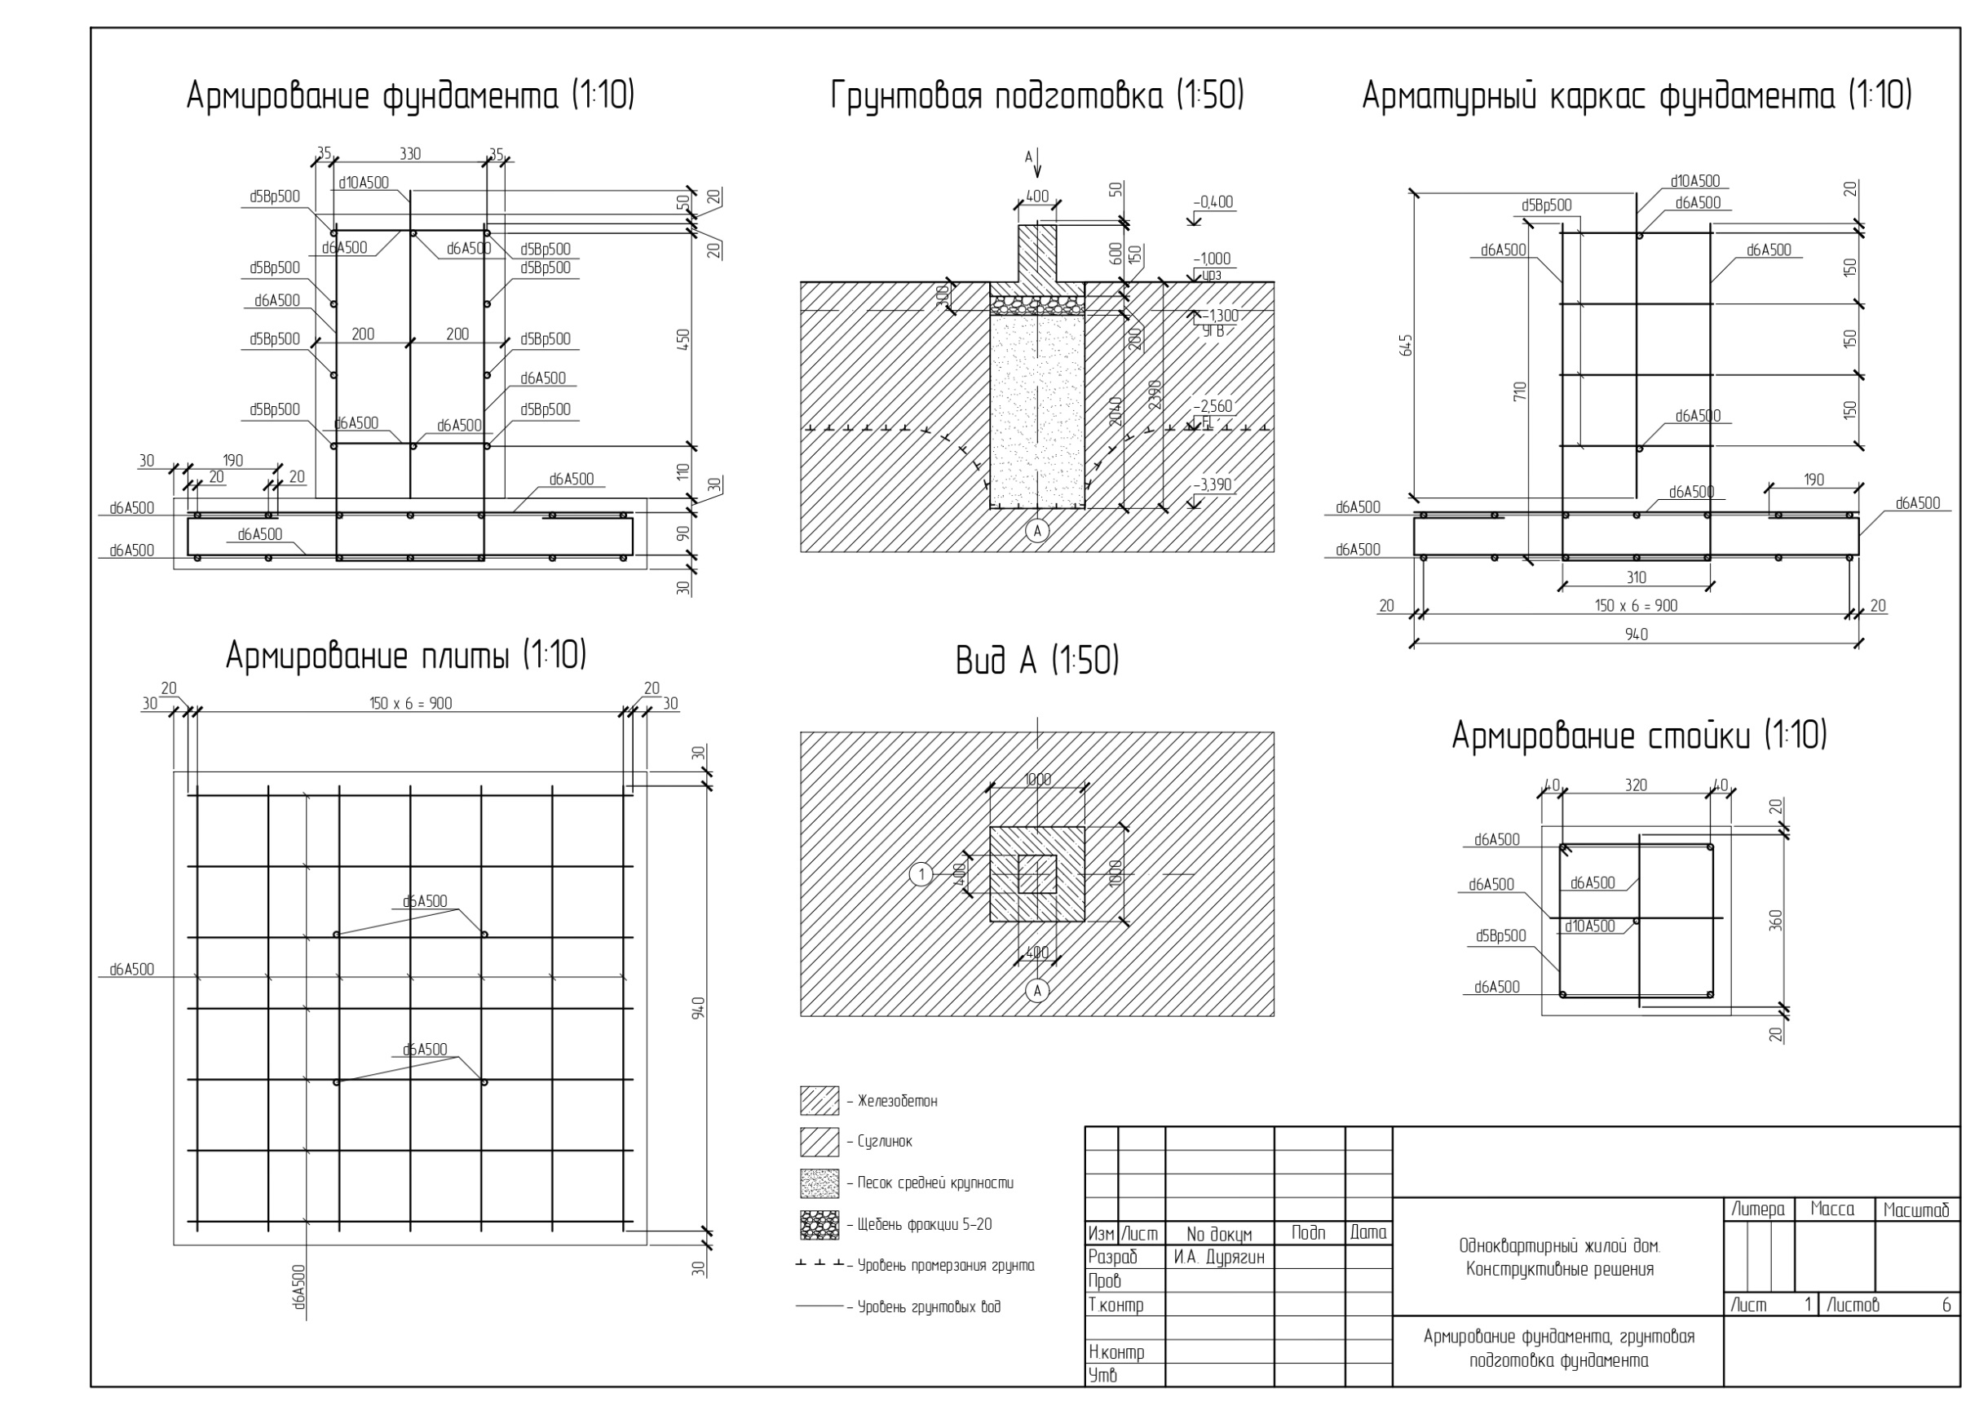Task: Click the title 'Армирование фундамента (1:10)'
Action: tap(410, 95)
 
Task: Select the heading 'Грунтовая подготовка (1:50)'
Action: tap(1036, 95)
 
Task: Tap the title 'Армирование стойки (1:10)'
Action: tap(1639, 736)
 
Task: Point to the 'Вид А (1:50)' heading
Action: tap(1036, 661)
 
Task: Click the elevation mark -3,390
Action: tap(1212, 484)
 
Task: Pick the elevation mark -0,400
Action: tap(1213, 202)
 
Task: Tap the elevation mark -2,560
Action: tap(1213, 406)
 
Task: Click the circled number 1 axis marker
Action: tap(921, 874)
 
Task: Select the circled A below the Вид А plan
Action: tap(1036, 990)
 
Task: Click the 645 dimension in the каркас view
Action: tap(1406, 345)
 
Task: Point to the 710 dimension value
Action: tap(1521, 391)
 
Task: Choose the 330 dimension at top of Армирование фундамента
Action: tap(409, 154)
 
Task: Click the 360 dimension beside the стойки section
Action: tap(1777, 919)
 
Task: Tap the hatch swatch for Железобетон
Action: tap(819, 1101)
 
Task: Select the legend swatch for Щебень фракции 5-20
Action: tap(819, 1225)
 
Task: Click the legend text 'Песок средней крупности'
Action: tap(935, 1183)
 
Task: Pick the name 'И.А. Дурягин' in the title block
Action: tap(1219, 1258)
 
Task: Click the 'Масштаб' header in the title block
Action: tap(1916, 1210)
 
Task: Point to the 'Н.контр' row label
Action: tap(1116, 1352)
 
